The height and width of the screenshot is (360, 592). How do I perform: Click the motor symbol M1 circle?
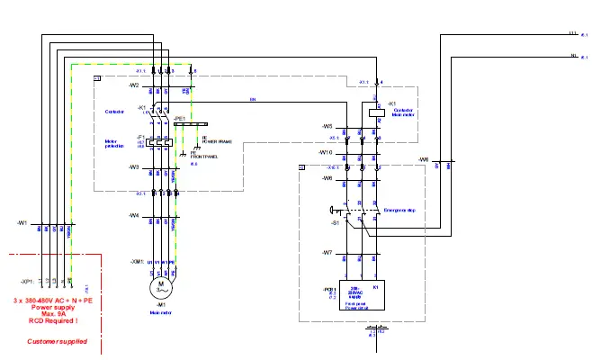pos(163,287)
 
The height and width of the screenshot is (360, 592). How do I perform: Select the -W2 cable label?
pos(133,85)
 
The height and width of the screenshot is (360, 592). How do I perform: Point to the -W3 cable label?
pos(133,167)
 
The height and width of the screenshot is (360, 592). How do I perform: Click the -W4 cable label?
pos(133,215)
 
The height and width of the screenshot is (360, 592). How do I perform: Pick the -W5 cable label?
pos(327,126)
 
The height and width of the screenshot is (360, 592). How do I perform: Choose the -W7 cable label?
pos(327,253)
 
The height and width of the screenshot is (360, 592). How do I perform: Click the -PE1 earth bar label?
pos(180,118)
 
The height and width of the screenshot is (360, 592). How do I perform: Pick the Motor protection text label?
pos(115,143)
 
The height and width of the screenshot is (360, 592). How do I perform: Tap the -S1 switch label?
pos(335,220)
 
